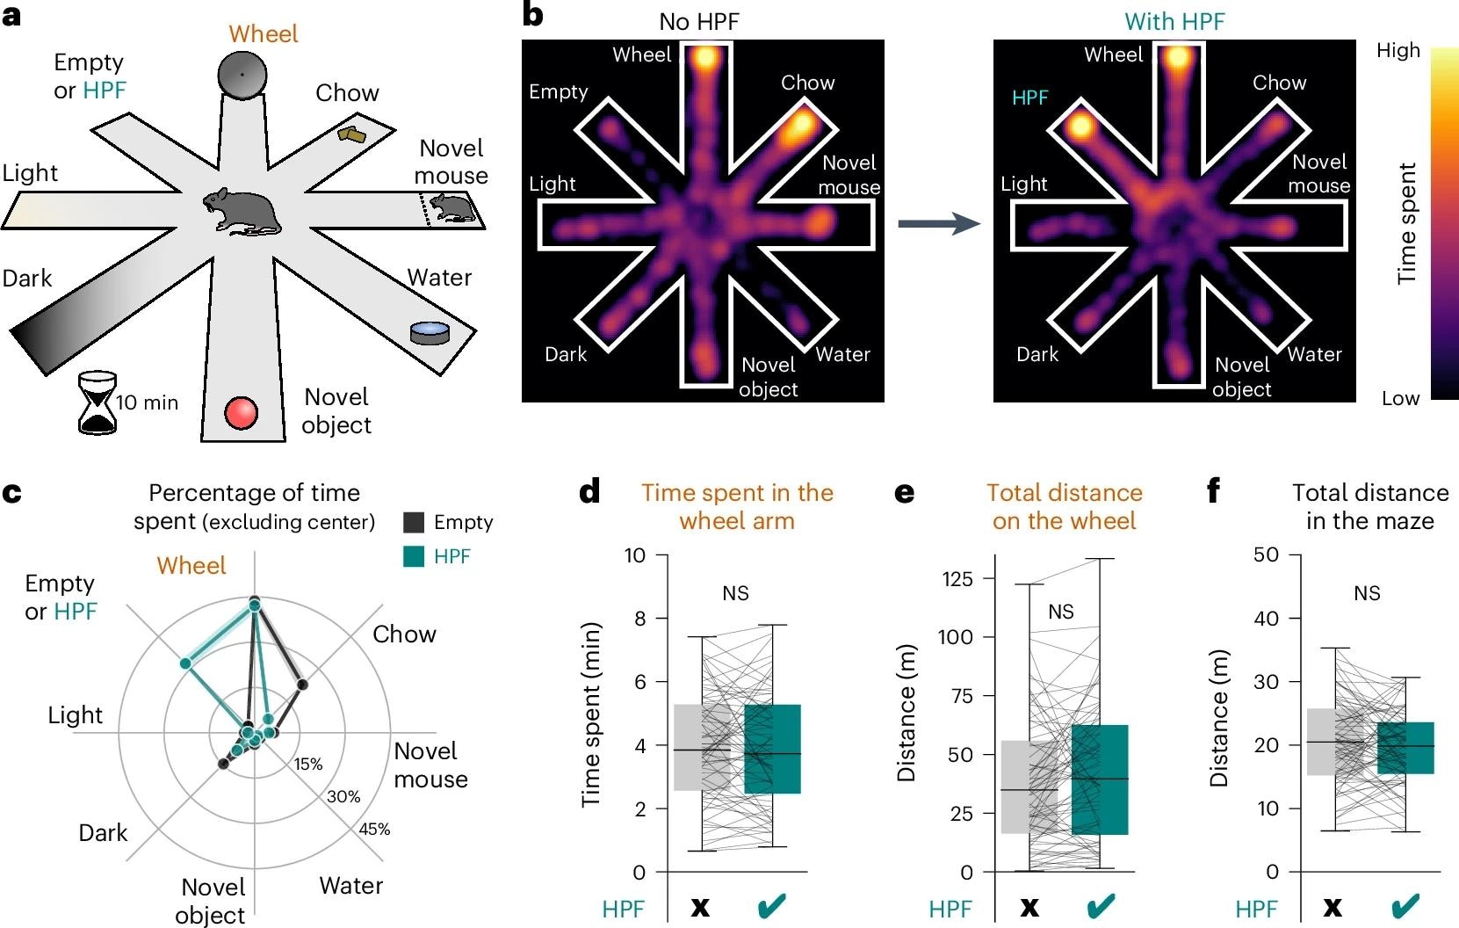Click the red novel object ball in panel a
coord(241,412)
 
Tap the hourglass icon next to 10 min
coord(98,402)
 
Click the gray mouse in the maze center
coord(242,211)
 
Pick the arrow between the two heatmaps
coord(938,224)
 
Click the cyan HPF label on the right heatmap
coord(1030,98)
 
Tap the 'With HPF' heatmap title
coord(1174,21)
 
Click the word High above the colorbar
coord(1398,51)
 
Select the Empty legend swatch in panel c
coord(414,522)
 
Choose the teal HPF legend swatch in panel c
coord(414,556)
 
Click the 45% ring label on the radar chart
coord(374,829)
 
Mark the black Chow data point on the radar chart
coord(302,684)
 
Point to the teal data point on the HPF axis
coord(185,663)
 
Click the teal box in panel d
coord(772,749)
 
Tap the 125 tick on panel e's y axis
coord(957,578)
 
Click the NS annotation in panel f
coord(1367,594)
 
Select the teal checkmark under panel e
coord(1101,907)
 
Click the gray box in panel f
coord(1335,742)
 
